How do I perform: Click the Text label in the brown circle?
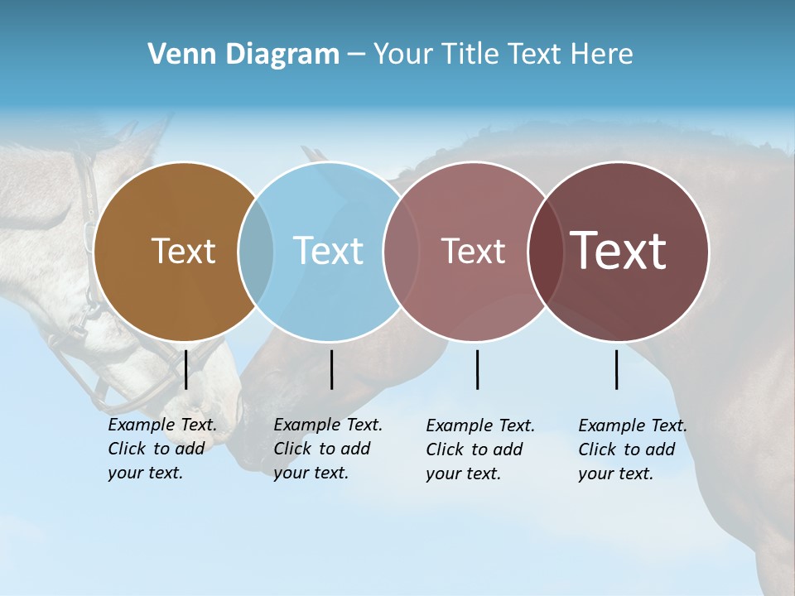(183, 251)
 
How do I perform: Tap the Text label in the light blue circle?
(329, 251)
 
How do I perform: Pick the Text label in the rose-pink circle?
(473, 251)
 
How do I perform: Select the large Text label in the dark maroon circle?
(618, 251)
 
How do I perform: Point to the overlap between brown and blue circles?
(256, 252)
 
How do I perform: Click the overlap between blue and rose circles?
(401, 252)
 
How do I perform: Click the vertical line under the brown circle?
(186, 369)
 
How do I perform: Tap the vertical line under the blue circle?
(331, 369)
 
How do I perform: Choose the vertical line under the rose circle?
(478, 369)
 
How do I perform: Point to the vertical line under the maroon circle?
(617, 369)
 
